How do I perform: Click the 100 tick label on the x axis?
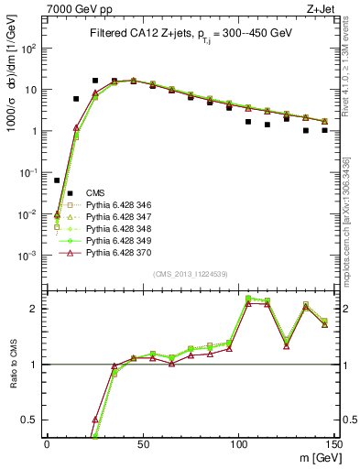[238, 442]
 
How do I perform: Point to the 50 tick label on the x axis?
[142, 442]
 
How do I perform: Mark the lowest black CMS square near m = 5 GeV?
[57, 180]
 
